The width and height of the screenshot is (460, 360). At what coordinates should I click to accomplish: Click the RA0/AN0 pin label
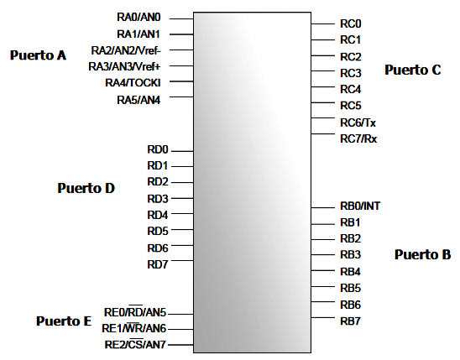[x=139, y=17]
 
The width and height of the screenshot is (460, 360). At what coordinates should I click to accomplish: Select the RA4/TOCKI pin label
[x=133, y=83]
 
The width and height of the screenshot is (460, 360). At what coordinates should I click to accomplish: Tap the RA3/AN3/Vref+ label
[x=125, y=66]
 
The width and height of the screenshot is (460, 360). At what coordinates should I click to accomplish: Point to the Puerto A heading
[x=38, y=55]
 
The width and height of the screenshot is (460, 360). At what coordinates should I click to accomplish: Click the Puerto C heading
[x=413, y=70]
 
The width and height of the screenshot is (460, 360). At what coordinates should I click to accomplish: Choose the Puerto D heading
[x=86, y=188]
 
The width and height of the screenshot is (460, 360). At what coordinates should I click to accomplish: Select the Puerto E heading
[x=64, y=321]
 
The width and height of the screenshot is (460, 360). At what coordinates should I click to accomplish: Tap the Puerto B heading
[x=423, y=254]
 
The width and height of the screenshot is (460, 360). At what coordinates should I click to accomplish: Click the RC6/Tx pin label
[x=358, y=123]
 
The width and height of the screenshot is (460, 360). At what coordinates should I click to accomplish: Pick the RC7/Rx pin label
[x=358, y=138]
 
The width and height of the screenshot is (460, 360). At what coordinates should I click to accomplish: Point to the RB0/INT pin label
[x=360, y=206]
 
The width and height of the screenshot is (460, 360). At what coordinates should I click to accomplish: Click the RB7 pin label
[x=350, y=321]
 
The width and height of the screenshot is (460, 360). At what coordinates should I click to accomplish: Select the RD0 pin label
[x=158, y=149]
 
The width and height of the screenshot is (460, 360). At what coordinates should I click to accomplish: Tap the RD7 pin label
[x=158, y=264]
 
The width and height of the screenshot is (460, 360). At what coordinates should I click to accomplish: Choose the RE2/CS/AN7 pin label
[x=135, y=344]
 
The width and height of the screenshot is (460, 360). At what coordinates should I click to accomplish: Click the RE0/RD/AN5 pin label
[x=135, y=312]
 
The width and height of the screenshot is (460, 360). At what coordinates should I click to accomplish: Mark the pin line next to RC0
[x=322, y=23]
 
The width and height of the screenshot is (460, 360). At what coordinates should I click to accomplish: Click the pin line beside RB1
[x=322, y=224]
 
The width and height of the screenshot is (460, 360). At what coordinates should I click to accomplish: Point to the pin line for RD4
[x=182, y=214]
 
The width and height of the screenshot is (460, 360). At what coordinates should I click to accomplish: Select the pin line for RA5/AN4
[x=181, y=97]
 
